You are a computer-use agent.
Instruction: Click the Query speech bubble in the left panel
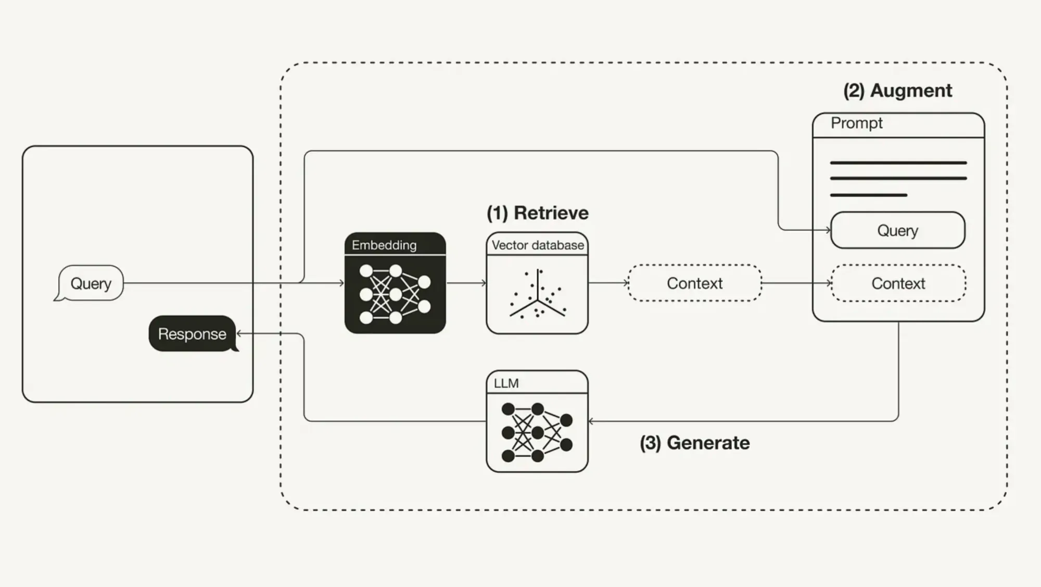click(91, 283)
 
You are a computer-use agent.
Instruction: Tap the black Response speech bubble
click(192, 334)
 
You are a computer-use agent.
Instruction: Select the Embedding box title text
click(384, 245)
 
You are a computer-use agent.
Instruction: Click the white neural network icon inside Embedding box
click(395, 294)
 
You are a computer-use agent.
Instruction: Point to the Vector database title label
click(538, 245)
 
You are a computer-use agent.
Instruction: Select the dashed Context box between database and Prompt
click(694, 283)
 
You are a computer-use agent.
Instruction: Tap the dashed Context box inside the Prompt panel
click(898, 283)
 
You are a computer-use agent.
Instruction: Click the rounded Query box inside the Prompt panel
click(897, 230)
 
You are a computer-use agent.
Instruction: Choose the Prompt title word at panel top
click(856, 123)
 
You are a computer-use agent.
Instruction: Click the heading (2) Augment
click(897, 91)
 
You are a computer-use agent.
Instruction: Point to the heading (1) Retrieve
click(537, 213)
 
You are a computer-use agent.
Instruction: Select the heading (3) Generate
click(694, 443)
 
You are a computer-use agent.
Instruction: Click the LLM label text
click(506, 383)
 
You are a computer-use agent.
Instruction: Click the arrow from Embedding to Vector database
click(466, 283)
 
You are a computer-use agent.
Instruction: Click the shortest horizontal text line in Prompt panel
click(868, 195)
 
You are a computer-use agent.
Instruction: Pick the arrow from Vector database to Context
click(608, 283)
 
